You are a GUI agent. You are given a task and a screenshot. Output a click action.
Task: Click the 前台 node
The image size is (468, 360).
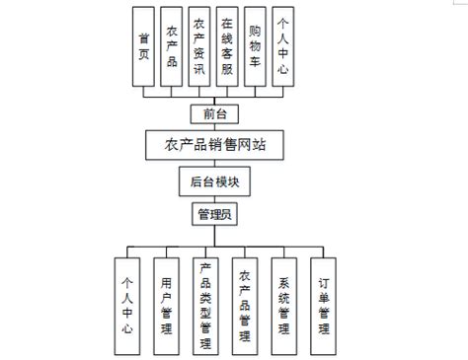(214, 113)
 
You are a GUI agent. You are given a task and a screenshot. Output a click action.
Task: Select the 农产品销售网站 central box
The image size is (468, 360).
(214, 145)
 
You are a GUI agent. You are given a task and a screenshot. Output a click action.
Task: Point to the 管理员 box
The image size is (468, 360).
(214, 213)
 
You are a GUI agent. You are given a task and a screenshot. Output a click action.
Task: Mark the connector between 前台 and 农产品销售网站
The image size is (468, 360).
(214, 127)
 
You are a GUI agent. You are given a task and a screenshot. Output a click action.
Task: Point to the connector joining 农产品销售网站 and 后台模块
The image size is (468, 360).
(214, 164)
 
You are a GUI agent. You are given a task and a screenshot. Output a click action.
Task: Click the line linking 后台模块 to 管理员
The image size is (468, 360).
(214, 197)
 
